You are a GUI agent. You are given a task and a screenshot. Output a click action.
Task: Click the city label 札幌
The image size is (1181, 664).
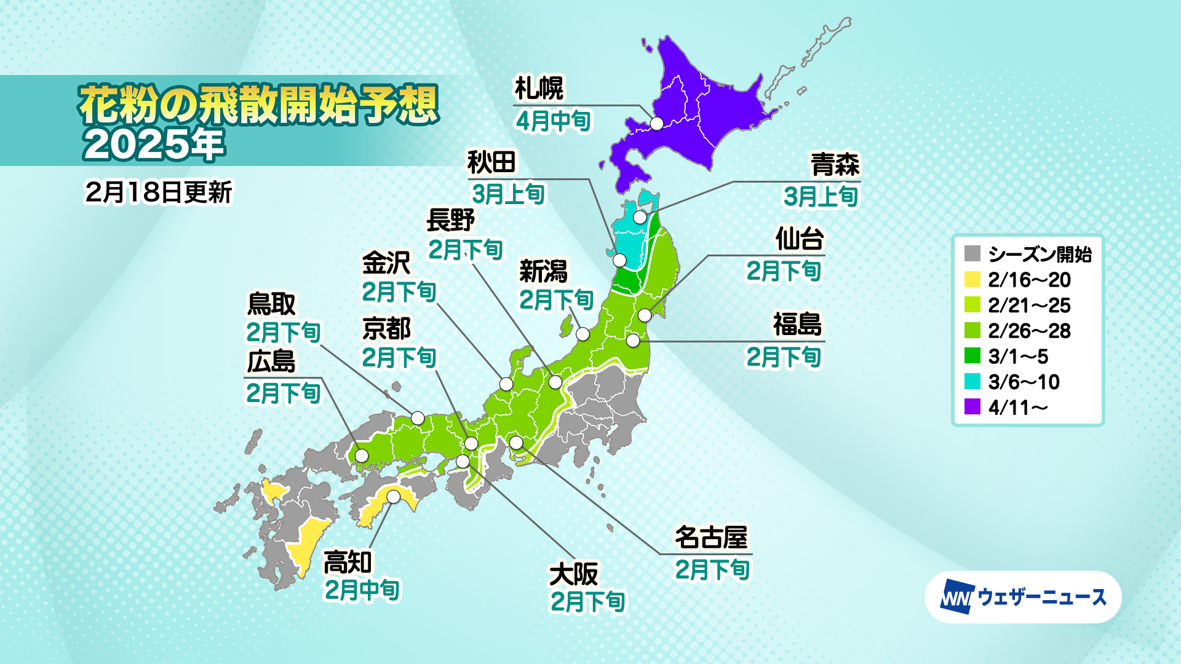click(539, 89)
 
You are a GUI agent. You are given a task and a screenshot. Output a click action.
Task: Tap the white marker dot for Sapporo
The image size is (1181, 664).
click(657, 124)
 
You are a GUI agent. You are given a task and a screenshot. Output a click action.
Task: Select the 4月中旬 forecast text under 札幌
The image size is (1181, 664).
click(553, 121)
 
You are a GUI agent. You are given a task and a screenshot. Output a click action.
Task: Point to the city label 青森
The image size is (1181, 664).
click(835, 165)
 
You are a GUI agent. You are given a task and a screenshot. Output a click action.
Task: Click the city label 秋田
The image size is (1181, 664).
click(491, 163)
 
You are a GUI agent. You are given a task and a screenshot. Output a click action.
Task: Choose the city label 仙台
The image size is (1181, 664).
click(799, 239)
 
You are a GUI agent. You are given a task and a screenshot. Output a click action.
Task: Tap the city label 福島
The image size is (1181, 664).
click(797, 325)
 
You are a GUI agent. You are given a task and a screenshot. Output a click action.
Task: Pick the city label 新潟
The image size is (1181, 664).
click(543, 271)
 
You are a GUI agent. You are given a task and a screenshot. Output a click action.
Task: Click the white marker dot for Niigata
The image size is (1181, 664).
click(583, 334)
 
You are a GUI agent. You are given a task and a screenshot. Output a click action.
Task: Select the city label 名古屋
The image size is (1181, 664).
click(711, 537)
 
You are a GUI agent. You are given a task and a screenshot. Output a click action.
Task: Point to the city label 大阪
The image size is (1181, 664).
click(573, 575)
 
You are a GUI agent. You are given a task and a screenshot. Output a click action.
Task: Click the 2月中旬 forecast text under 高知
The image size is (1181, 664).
click(362, 590)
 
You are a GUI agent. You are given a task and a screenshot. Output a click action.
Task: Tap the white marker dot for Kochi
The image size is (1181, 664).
click(394, 496)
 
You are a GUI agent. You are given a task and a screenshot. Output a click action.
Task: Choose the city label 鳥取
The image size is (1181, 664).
click(271, 304)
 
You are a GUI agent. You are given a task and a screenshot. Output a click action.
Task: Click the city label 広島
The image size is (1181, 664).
click(271, 362)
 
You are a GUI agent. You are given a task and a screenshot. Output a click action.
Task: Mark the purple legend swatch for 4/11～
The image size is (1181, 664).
click(972, 407)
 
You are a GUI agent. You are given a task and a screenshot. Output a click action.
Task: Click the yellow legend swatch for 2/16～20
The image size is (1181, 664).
click(972, 280)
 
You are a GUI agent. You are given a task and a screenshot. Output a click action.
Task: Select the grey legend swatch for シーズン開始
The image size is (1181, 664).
click(972, 254)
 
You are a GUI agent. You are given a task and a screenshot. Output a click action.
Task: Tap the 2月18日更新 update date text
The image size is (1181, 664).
click(159, 192)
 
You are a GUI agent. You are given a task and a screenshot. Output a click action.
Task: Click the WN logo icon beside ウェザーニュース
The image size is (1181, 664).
click(956, 597)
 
